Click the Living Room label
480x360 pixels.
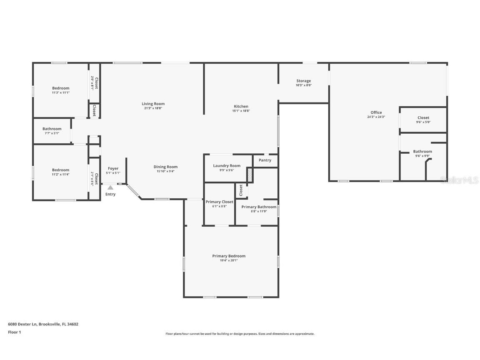[x=153, y=104]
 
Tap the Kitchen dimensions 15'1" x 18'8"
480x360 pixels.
[x=241, y=111]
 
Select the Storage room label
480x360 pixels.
[x=303, y=81]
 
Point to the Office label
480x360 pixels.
[x=376, y=112]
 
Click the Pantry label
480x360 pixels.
[x=265, y=160]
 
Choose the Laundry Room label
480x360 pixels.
[x=227, y=166]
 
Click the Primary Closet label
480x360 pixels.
[x=220, y=202]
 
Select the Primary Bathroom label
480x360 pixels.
[x=259, y=207]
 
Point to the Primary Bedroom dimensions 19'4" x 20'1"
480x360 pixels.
[x=229, y=260]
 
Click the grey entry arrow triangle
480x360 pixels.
[x=110, y=188]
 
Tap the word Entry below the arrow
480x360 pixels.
[x=110, y=194]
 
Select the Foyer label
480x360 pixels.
[x=113, y=168]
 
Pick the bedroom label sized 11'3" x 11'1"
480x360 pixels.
[x=61, y=88]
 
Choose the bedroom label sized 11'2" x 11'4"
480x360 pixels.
[x=61, y=170]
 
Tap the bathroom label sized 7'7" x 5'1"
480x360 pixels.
[x=52, y=129]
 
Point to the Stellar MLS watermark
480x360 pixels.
[x=459, y=180]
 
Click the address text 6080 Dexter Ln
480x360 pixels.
[x=22, y=324]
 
